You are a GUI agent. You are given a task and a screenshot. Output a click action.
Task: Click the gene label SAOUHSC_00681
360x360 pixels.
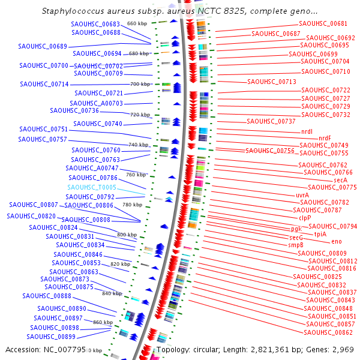click(323, 23)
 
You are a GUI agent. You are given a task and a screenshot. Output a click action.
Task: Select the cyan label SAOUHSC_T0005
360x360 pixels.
click(92, 187)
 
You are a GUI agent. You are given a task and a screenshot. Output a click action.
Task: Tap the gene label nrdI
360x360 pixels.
click(307, 131)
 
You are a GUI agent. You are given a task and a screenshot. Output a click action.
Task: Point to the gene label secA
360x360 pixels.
click(340, 180)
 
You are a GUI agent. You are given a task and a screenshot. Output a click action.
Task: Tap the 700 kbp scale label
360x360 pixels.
click(140, 84)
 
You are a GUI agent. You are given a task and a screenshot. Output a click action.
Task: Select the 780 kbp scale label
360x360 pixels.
click(132, 205)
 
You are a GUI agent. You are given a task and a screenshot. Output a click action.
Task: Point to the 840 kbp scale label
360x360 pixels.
click(112, 293)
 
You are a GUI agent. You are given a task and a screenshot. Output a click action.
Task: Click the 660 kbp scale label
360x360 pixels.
click(137, 23)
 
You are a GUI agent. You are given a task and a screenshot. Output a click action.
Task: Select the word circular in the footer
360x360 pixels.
click(217, 349)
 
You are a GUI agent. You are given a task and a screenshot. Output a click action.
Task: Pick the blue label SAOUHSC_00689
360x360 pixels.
click(43, 46)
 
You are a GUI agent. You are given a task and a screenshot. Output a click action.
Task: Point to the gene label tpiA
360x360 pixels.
click(320, 234)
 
